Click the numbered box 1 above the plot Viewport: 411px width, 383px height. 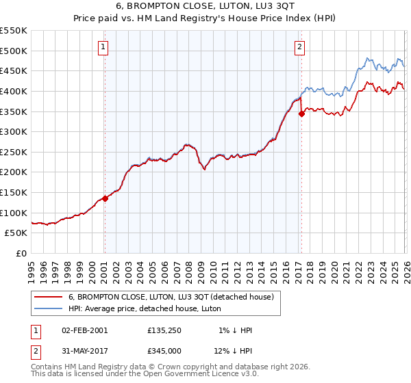coord(103,47)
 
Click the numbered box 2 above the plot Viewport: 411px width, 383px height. coord(300,47)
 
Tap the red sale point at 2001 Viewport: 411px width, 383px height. coord(105,198)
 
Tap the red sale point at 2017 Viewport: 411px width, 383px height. coord(301,114)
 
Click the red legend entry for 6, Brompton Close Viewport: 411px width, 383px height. coord(171,297)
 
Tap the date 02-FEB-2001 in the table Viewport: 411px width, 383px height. coord(84,330)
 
